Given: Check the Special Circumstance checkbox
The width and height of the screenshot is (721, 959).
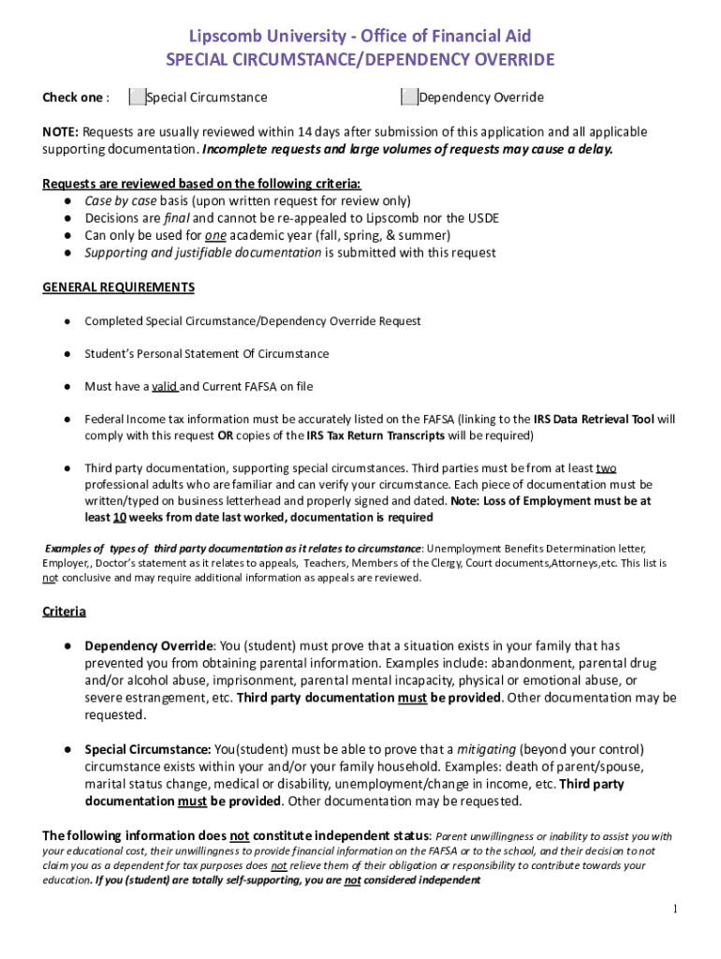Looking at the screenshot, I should (x=137, y=97).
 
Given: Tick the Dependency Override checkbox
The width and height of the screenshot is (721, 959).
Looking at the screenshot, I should (x=409, y=97).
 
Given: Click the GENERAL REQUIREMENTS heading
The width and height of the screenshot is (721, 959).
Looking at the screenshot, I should (x=119, y=288).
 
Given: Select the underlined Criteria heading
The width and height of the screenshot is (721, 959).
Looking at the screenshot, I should (x=65, y=612).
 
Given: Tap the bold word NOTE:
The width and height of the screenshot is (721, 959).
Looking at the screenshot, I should (x=60, y=132).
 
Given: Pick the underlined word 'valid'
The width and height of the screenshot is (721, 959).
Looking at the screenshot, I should (x=164, y=386).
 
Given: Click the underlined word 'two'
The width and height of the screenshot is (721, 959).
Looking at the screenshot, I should (x=606, y=468).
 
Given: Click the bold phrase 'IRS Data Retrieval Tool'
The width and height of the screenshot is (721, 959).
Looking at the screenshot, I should (x=594, y=420).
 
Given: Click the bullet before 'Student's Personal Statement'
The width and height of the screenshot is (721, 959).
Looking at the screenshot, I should (x=68, y=354).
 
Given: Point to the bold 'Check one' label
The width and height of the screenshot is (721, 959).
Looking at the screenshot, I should (x=72, y=97).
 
